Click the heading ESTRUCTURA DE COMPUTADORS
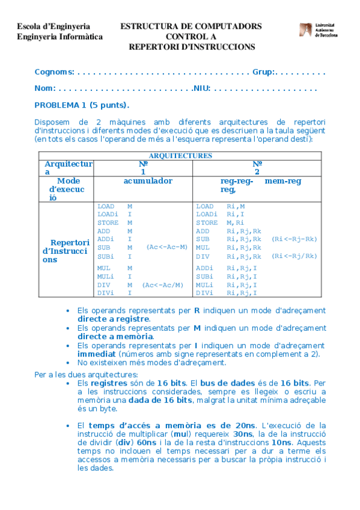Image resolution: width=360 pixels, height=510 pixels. coord(191,26)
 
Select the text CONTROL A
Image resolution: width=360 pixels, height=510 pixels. coord(191,37)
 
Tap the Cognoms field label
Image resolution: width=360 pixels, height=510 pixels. coord(53,72)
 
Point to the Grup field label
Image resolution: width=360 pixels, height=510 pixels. coord(263,72)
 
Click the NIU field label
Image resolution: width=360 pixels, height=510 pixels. coord(201,88)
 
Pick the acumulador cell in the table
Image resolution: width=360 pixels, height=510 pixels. coord(148,180)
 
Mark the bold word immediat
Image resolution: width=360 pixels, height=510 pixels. coord(97,354)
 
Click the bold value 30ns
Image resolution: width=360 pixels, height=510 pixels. coord(244,434)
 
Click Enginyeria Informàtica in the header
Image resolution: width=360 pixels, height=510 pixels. coord(59,37)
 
